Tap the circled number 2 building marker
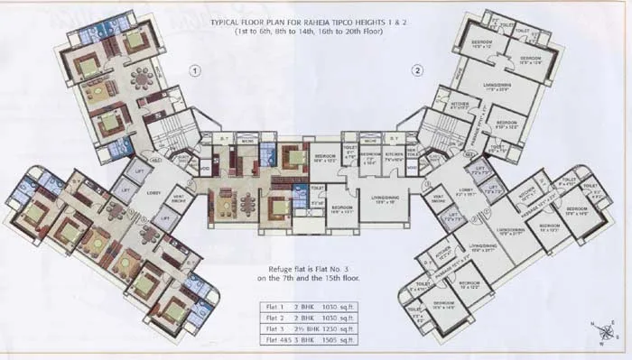417,70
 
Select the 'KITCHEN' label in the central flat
395,155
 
